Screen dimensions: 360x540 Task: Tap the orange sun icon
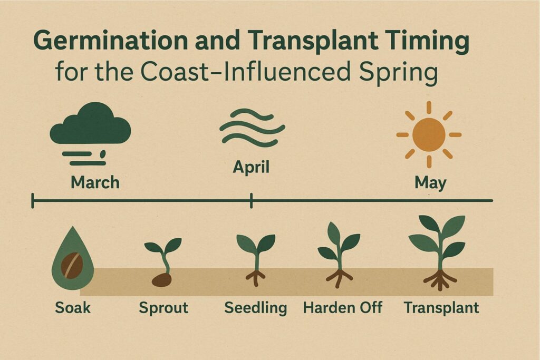coord(429,134)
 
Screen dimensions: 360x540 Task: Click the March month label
coord(95,182)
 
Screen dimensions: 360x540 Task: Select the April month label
coord(251,168)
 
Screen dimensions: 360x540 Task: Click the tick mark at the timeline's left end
coord(33,200)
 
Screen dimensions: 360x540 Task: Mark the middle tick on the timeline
coord(252,200)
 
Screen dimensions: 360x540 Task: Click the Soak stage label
coord(73,307)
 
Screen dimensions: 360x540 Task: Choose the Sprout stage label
coord(163,307)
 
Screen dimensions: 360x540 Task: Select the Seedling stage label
coord(256,307)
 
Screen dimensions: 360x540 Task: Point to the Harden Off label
coord(343,307)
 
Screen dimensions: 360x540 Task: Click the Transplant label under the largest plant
coord(441,307)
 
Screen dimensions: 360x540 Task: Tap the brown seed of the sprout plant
coord(161,279)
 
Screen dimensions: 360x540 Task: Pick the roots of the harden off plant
coord(339,276)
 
